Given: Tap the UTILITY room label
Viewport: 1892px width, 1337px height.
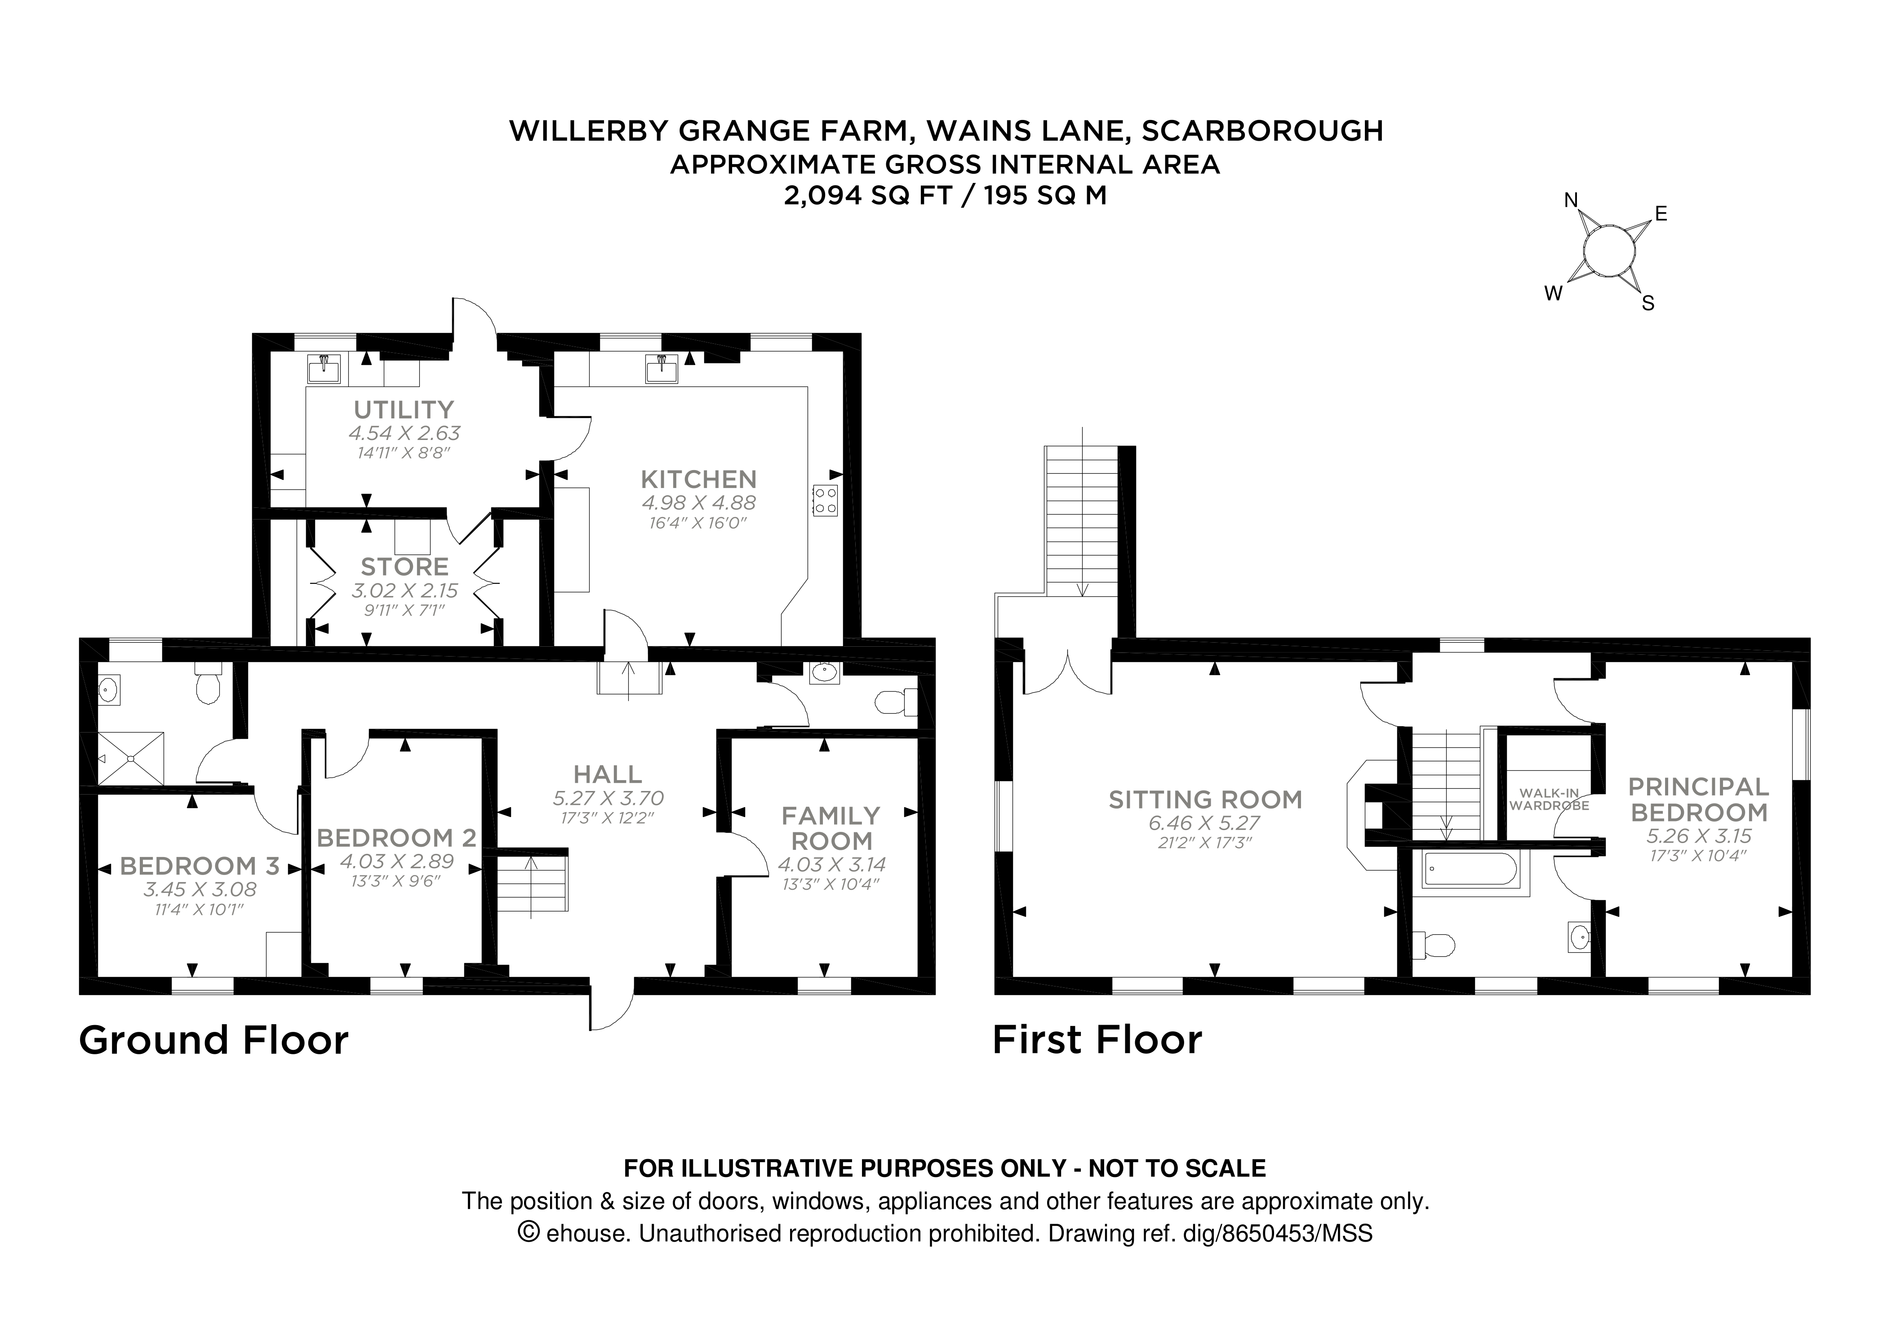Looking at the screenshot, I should coord(404,410).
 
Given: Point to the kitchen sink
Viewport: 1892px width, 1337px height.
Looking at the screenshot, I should coord(662,369).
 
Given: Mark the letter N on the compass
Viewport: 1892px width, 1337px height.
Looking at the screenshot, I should coord(1571,200).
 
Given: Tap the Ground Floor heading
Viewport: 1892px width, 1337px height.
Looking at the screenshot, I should coord(213,1040).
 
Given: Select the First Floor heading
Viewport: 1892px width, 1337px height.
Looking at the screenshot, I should coord(1097,1040).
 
